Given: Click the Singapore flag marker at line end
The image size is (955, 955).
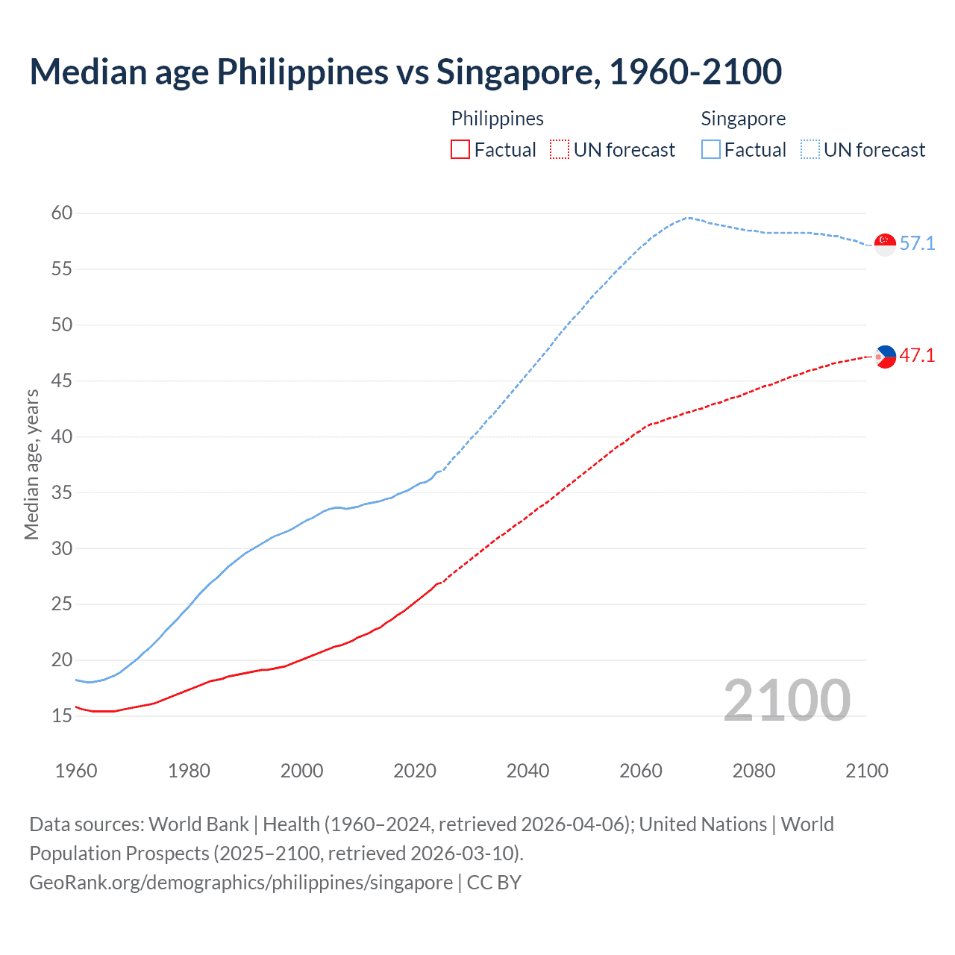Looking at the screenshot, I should (x=885, y=244).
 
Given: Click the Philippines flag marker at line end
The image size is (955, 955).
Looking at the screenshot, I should (x=885, y=357).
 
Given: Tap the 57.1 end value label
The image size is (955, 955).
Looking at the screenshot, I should (x=917, y=244).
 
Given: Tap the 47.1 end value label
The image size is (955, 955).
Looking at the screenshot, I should (x=917, y=356).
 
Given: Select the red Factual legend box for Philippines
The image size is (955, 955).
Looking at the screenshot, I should (x=460, y=150).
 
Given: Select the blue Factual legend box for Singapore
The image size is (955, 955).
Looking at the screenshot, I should (x=711, y=150).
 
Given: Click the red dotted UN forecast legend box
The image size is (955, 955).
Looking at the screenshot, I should (x=560, y=150).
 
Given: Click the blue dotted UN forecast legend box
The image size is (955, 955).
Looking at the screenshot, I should (x=810, y=150).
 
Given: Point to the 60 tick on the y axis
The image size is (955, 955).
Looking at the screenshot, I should (x=62, y=213).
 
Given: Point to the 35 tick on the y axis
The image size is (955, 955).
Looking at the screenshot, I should (x=62, y=492).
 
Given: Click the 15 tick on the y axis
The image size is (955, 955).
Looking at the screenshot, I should (x=62, y=716).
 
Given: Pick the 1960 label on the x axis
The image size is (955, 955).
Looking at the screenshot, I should (x=76, y=771).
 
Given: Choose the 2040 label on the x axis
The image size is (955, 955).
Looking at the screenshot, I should (x=527, y=771).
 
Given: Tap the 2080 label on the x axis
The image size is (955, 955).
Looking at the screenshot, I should (x=754, y=771).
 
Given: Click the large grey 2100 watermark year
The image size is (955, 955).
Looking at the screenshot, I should (x=786, y=701).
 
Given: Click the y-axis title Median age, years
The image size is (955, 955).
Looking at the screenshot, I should (x=31, y=464).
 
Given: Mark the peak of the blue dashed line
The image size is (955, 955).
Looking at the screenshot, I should (x=689, y=217).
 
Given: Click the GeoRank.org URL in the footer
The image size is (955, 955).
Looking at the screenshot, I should (x=241, y=883).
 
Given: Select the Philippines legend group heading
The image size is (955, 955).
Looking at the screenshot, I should (x=497, y=119).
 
